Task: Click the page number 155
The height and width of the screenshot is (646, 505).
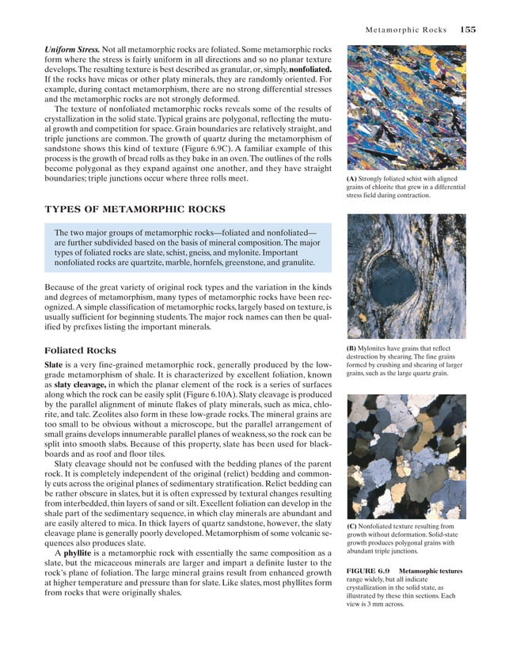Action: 467,30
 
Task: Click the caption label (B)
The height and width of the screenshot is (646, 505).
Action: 353,348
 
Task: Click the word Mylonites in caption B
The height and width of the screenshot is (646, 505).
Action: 379,348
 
